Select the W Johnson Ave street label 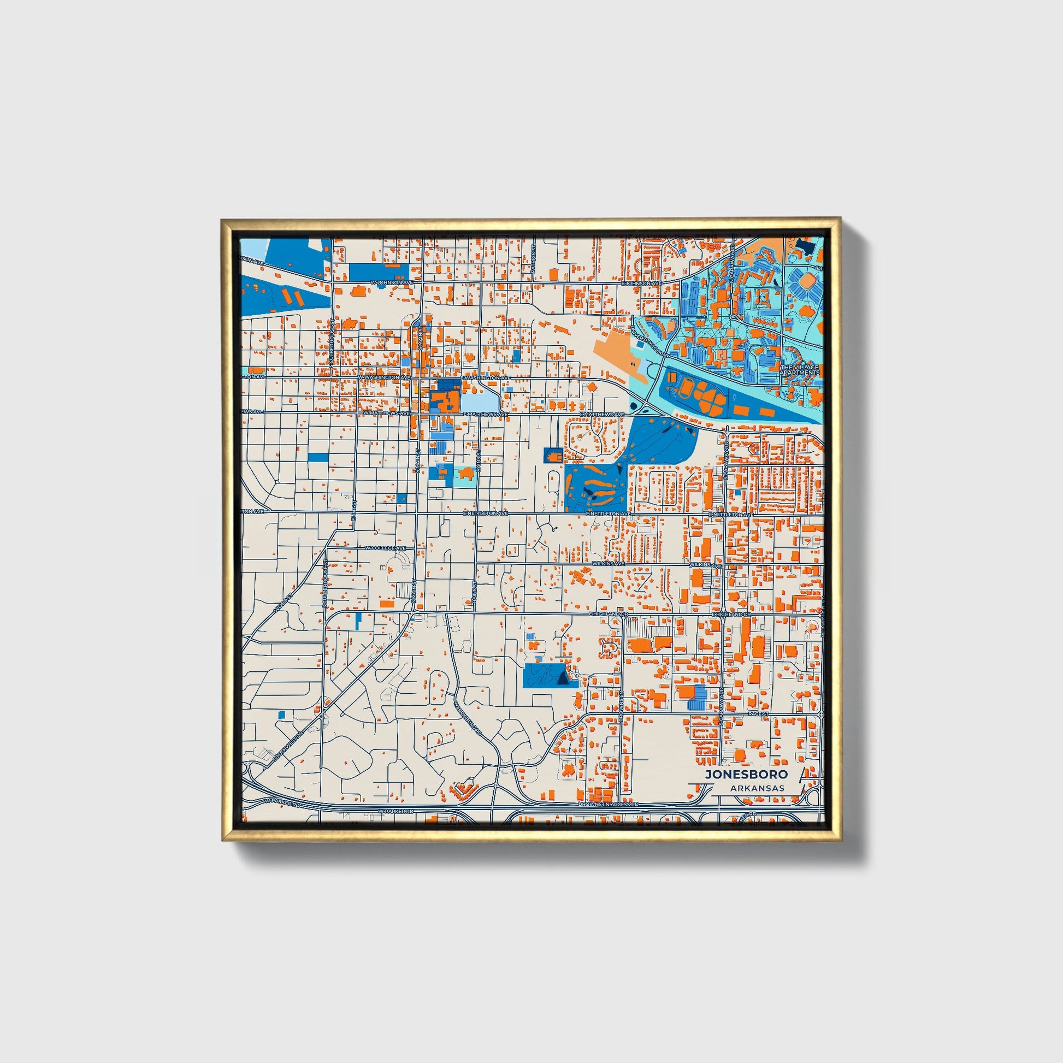tap(392, 282)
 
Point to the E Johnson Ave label tap(642, 283)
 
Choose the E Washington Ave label tap(486, 378)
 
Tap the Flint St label tap(355, 509)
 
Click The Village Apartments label tap(800, 370)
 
